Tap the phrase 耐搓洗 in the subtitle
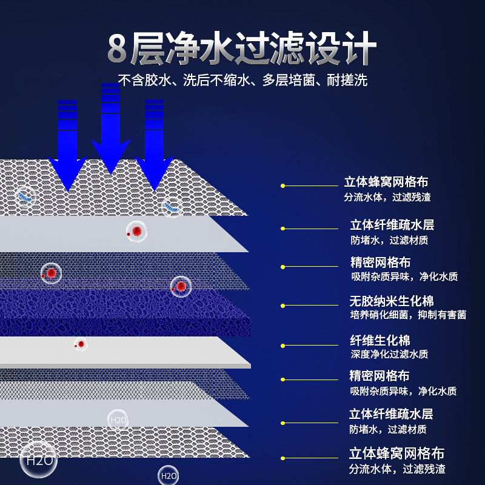348,80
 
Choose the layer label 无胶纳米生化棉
392,301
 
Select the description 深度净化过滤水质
389,354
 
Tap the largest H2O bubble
39,460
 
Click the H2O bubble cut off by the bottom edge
168,476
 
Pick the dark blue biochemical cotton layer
121,312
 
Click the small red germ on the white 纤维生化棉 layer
80,344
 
